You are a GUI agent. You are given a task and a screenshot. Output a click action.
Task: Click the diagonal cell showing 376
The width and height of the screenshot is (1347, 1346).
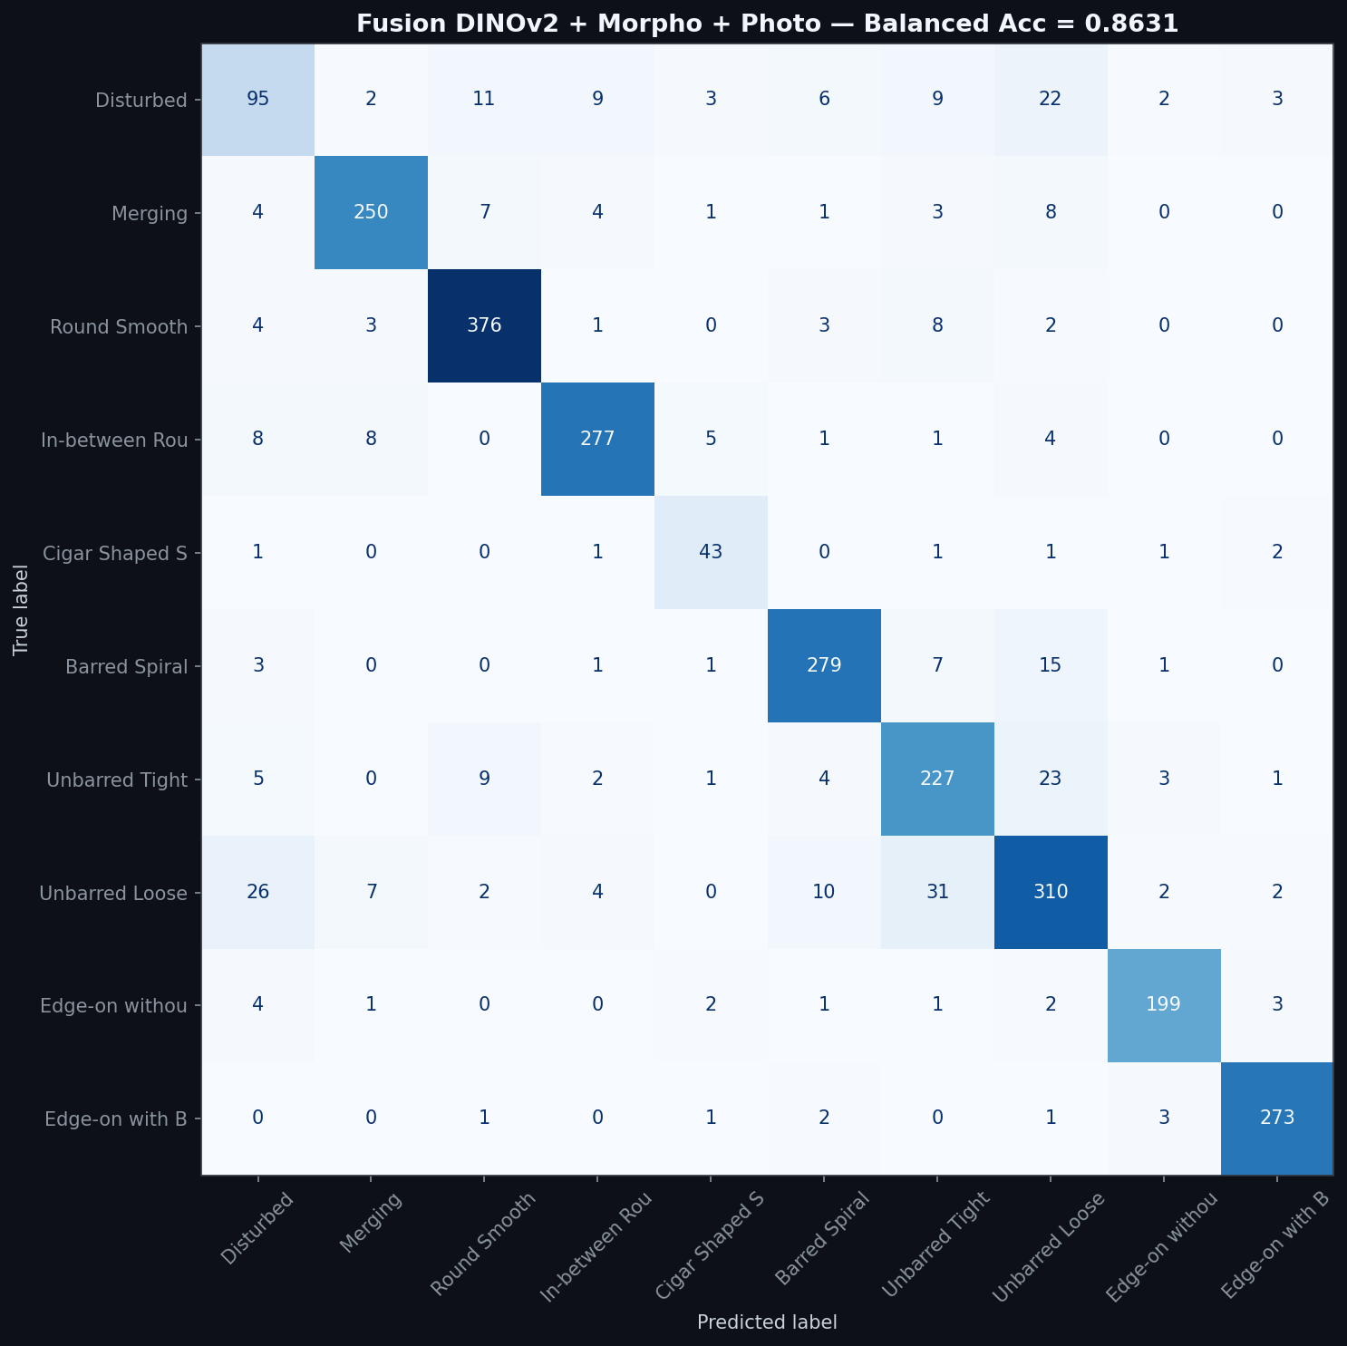(484, 325)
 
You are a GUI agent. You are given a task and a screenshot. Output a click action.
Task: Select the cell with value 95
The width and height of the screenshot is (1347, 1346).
(258, 100)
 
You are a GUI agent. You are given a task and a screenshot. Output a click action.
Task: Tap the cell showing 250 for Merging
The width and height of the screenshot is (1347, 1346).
(371, 212)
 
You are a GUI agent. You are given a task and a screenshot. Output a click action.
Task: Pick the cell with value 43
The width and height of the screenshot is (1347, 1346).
(711, 552)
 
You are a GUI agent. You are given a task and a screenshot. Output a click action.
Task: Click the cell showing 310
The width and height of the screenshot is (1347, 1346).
(1050, 892)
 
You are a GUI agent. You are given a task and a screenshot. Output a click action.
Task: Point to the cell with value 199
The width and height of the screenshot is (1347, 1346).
(1163, 1004)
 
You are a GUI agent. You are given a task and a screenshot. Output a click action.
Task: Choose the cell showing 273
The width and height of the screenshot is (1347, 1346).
(1276, 1118)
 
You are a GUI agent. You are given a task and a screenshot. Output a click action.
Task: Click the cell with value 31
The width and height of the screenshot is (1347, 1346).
(937, 892)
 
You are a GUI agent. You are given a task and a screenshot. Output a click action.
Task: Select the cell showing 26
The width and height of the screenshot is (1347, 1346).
(258, 892)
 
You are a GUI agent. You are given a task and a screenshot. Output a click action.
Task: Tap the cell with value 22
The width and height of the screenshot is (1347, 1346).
(1050, 100)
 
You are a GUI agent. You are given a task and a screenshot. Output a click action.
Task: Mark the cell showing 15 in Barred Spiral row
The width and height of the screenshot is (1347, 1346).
(1050, 665)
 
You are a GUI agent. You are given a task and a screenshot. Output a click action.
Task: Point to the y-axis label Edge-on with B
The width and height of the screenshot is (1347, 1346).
(116, 1118)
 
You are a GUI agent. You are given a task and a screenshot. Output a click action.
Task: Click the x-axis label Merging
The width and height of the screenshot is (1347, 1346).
(370, 1223)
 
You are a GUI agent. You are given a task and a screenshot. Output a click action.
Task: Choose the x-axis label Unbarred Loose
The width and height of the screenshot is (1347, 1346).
(1048, 1247)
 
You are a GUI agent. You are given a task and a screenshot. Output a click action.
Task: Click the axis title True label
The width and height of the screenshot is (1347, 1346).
(22, 609)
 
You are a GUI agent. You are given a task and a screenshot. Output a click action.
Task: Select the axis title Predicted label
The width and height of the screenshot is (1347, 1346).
(767, 1322)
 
